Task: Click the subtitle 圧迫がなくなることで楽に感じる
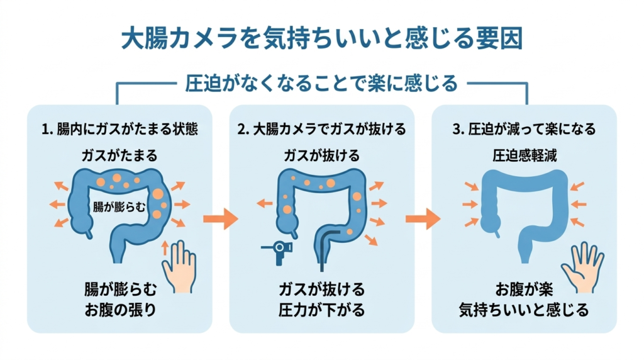[321, 82]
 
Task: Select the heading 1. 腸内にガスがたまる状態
[119, 130]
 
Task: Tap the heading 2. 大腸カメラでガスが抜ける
[321, 130]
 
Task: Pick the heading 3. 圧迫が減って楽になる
[524, 130]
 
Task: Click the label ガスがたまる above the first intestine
[119, 155]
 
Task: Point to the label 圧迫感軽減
[524, 155]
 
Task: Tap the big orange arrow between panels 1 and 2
[220, 219]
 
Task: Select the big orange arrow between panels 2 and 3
[423, 219]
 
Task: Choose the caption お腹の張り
[119, 308]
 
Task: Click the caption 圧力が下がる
[321, 310]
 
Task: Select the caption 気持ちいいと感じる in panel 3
[524, 310]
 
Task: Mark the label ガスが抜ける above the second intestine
[321, 155]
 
